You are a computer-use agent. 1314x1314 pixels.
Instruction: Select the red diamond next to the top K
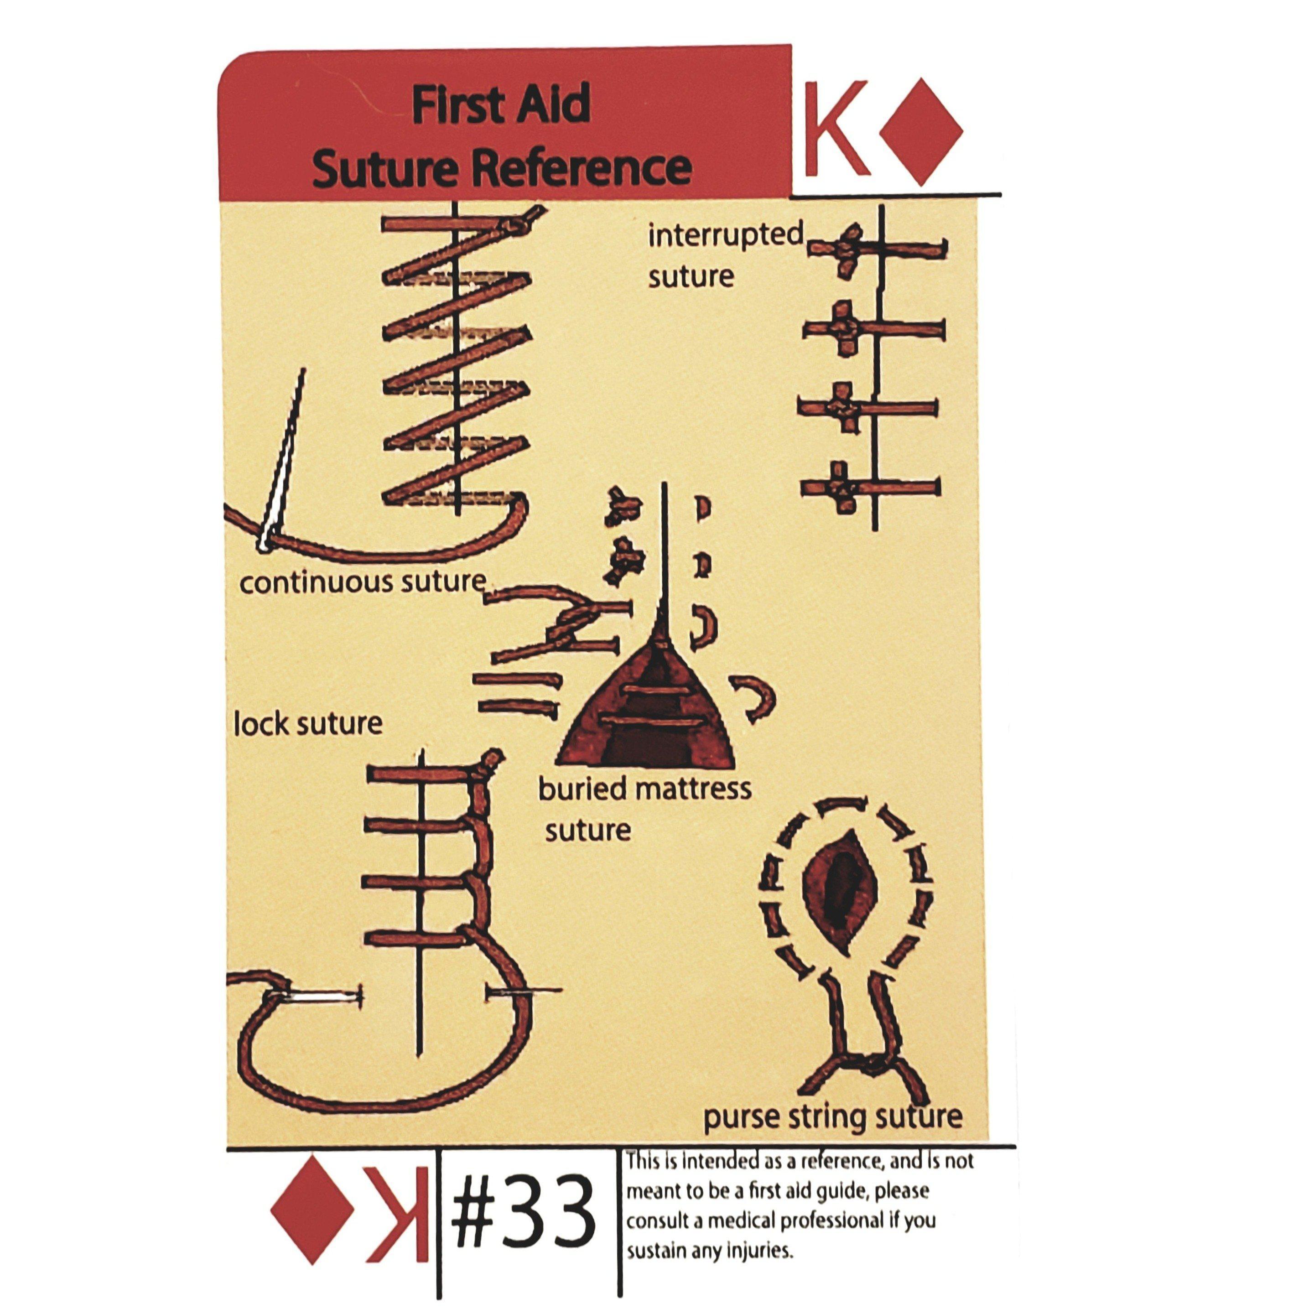tap(921, 132)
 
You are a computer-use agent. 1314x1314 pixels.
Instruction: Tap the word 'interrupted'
tap(726, 236)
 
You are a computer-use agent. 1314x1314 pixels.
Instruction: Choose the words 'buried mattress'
tap(645, 789)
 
